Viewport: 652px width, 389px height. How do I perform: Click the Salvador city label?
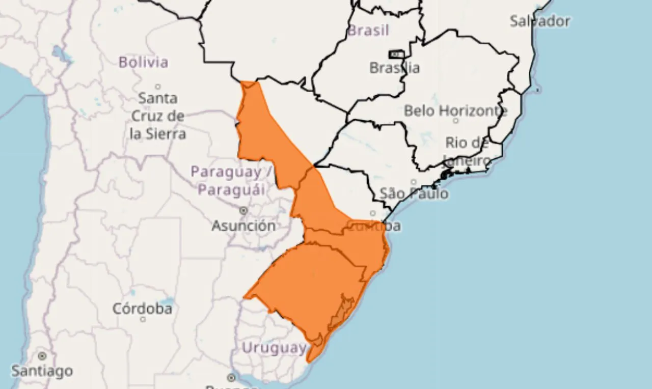[x=540, y=21]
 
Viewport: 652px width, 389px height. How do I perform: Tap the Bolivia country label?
[x=143, y=63]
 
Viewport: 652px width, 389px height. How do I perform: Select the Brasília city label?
[x=395, y=68]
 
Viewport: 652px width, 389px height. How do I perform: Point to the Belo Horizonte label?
[x=455, y=110]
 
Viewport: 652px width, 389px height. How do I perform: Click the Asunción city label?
[x=243, y=226]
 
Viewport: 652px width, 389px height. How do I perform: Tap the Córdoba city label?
[x=142, y=309]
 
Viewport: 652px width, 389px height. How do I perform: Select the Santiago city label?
[x=42, y=371]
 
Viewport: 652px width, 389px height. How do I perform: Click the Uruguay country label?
[x=274, y=348]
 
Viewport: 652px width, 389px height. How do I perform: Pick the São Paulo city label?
[x=414, y=193]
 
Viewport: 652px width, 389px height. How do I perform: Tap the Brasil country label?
[x=368, y=31]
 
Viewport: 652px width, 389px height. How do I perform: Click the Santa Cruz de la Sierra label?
[x=158, y=116]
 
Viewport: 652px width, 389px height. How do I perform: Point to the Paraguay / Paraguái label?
[x=232, y=181]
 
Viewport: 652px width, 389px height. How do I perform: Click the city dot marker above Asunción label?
[x=243, y=210]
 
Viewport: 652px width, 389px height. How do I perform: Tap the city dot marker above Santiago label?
[x=42, y=356]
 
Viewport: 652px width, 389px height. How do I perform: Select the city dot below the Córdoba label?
[x=143, y=319]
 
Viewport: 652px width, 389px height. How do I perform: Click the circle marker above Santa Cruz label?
[x=158, y=87]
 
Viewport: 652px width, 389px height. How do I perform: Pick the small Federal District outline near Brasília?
[x=396, y=54]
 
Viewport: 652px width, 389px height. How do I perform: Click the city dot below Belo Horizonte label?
[x=455, y=121]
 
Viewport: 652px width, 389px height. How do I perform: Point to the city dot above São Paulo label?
[x=414, y=182]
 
